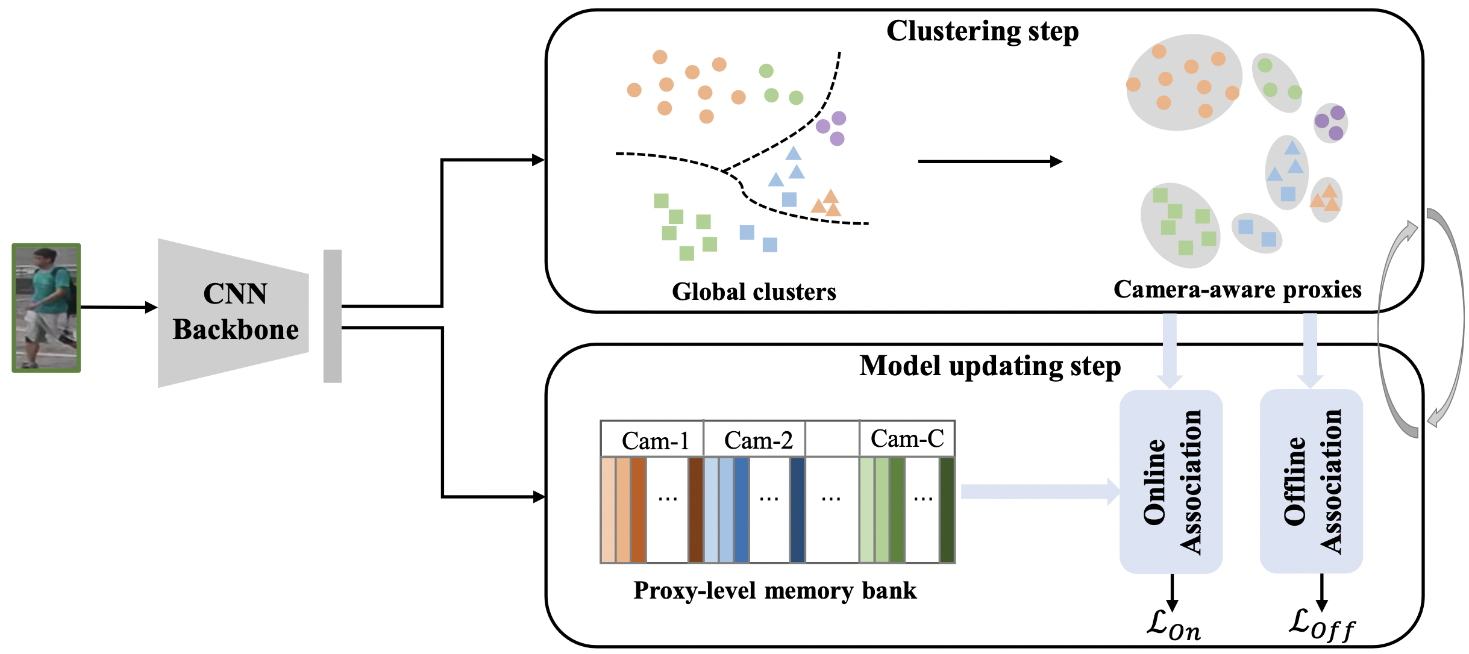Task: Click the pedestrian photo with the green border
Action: pyautogui.click(x=46, y=308)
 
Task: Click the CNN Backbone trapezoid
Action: pyautogui.click(x=234, y=313)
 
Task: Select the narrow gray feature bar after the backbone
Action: pyautogui.click(x=333, y=316)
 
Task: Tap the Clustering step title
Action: pyautogui.click(x=982, y=31)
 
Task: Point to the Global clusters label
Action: pyautogui.click(x=754, y=292)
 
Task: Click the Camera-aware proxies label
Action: pyautogui.click(x=1237, y=290)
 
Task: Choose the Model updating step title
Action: pyautogui.click(x=990, y=366)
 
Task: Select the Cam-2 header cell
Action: pyautogui.click(x=757, y=440)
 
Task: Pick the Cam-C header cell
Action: pyautogui.click(x=907, y=439)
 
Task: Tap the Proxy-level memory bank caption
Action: pyautogui.click(x=775, y=591)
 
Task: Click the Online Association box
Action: pyautogui.click(x=1171, y=482)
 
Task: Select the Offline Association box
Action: pyautogui.click(x=1311, y=482)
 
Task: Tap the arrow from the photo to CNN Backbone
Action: pyautogui.click(x=118, y=307)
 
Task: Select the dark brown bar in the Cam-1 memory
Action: pyautogui.click(x=695, y=510)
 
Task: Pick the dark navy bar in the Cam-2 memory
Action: pyautogui.click(x=797, y=510)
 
